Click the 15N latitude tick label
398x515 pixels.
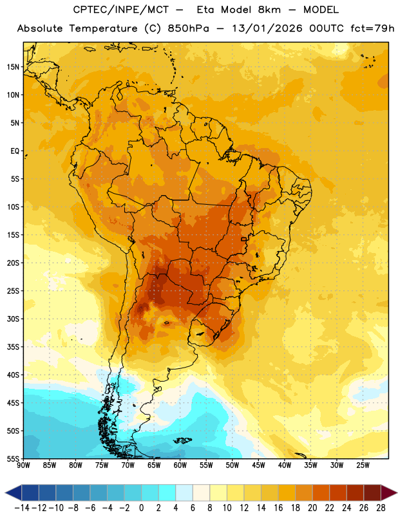(x=13, y=67)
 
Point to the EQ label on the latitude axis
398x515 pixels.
(x=15, y=151)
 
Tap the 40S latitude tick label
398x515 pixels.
(x=13, y=375)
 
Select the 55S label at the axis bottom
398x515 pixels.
(x=13, y=458)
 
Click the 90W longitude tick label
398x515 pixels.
(x=23, y=465)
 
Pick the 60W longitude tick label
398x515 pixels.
(x=180, y=465)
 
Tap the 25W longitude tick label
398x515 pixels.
(x=363, y=465)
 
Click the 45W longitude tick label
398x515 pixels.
(x=258, y=465)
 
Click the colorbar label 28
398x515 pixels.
(x=381, y=508)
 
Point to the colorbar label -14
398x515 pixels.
(x=22, y=508)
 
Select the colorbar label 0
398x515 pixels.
(x=141, y=508)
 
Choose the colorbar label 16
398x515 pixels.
(x=278, y=508)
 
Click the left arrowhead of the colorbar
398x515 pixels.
(x=13, y=492)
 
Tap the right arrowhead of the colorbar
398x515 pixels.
(x=389, y=492)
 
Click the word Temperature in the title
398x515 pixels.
(x=103, y=28)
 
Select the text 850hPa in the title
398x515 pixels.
(x=188, y=28)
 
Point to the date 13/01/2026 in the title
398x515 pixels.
(x=267, y=28)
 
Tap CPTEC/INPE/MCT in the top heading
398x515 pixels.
(x=121, y=10)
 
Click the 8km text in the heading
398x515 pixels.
(x=269, y=10)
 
